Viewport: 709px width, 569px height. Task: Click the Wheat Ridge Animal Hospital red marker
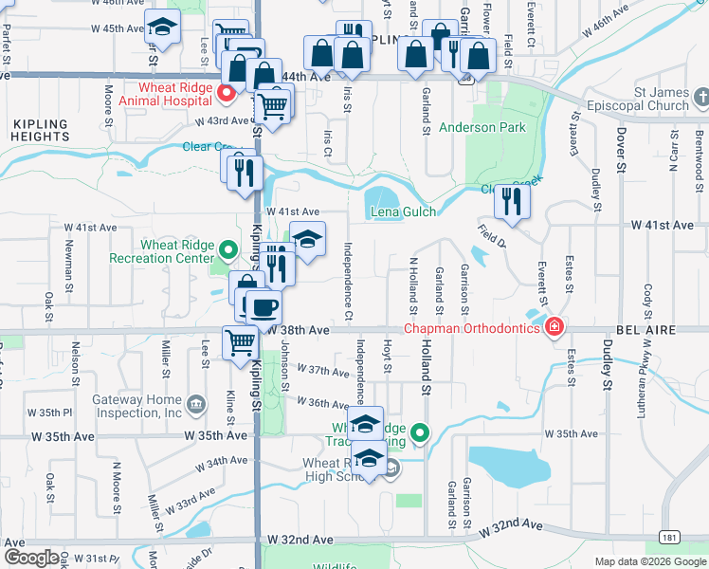point(227,93)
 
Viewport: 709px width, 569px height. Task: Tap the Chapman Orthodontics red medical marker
point(554,329)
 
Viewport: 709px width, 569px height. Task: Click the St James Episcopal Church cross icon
point(702,98)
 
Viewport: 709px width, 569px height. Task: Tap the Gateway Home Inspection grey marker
point(196,405)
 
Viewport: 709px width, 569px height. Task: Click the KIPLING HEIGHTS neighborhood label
point(40,131)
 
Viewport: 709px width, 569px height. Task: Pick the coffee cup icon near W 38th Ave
point(263,308)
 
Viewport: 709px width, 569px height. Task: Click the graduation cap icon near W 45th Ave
point(163,28)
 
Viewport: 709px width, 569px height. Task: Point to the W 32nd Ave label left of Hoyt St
point(300,539)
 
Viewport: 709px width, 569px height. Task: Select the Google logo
point(30,558)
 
